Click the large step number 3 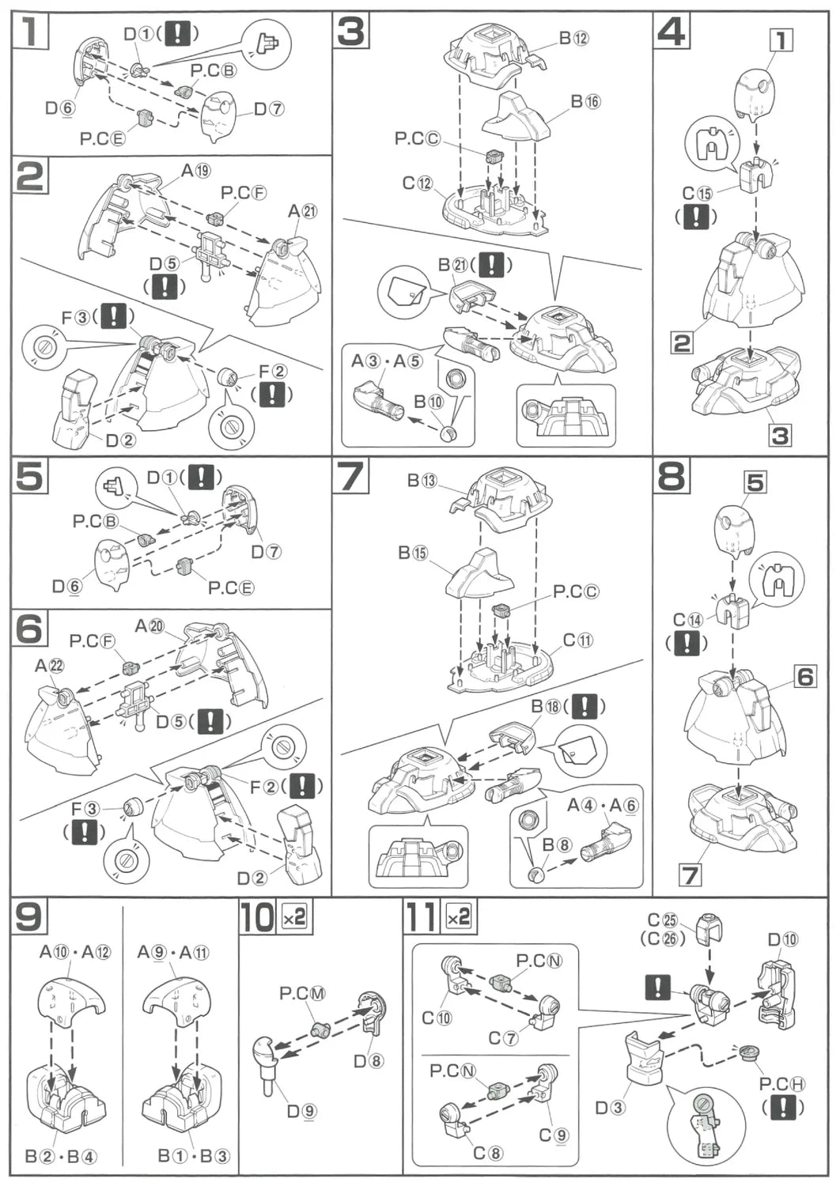[350, 32]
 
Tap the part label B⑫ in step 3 [574, 38]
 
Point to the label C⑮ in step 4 [698, 194]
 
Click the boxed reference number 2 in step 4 [682, 343]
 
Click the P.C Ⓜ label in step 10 [302, 994]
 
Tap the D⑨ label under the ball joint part [301, 1111]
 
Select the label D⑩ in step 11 [782, 939]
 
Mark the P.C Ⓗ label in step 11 [781, 1084]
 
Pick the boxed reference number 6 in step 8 [804, 677]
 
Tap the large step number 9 [30, 918]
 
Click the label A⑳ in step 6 [149, 626]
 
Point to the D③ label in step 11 [610, 1108]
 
